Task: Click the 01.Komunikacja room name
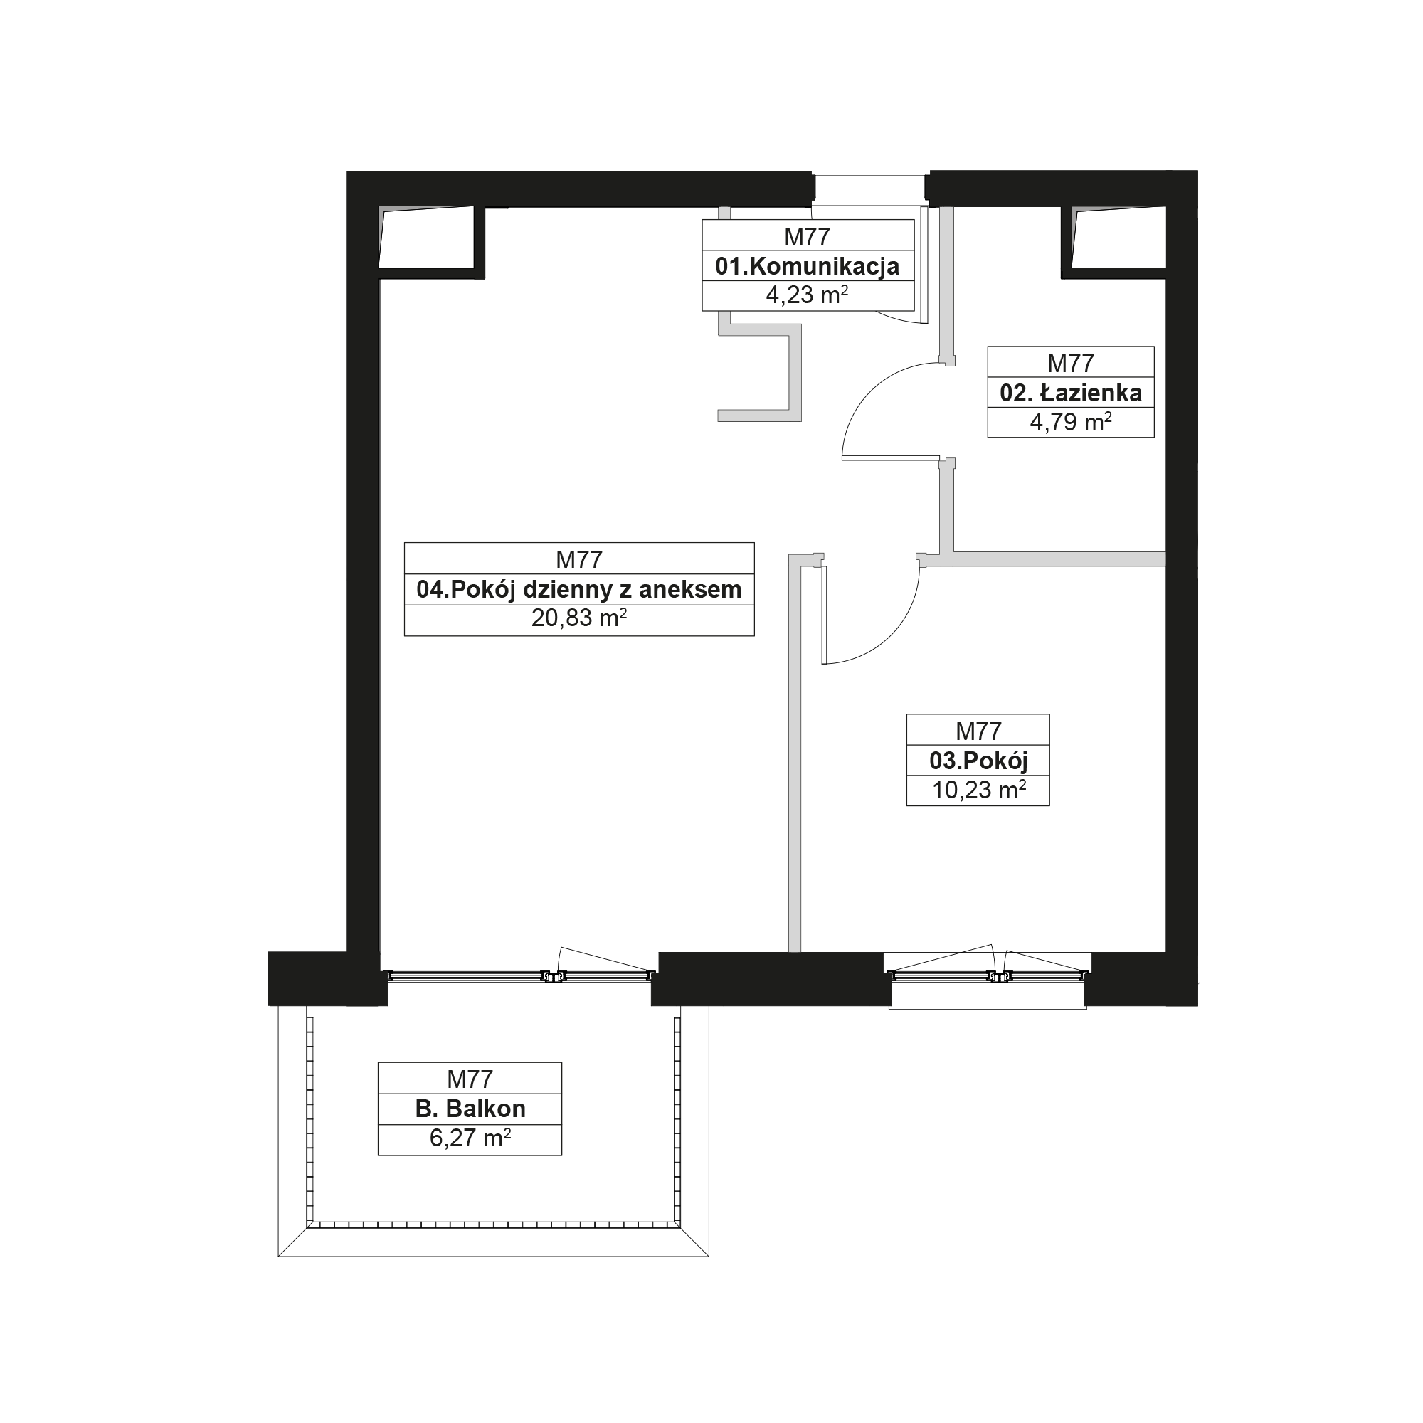(808, 266)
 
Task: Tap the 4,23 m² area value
(808, 295)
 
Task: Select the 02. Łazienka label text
(1070, 393)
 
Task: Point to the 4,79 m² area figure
(1070, 422)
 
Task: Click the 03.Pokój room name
(978, 760)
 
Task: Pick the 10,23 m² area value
(979, 790)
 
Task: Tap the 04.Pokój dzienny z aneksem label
(579, 589)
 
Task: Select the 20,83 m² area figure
(579, 618)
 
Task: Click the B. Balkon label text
(470, 1109)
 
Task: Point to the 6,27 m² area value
(470, 1138)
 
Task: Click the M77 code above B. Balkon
(470, 1079)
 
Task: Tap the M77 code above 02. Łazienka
(1070, 363)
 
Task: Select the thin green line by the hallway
(790, 487)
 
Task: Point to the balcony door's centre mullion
(552, 977)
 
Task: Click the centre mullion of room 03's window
(999, 977)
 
